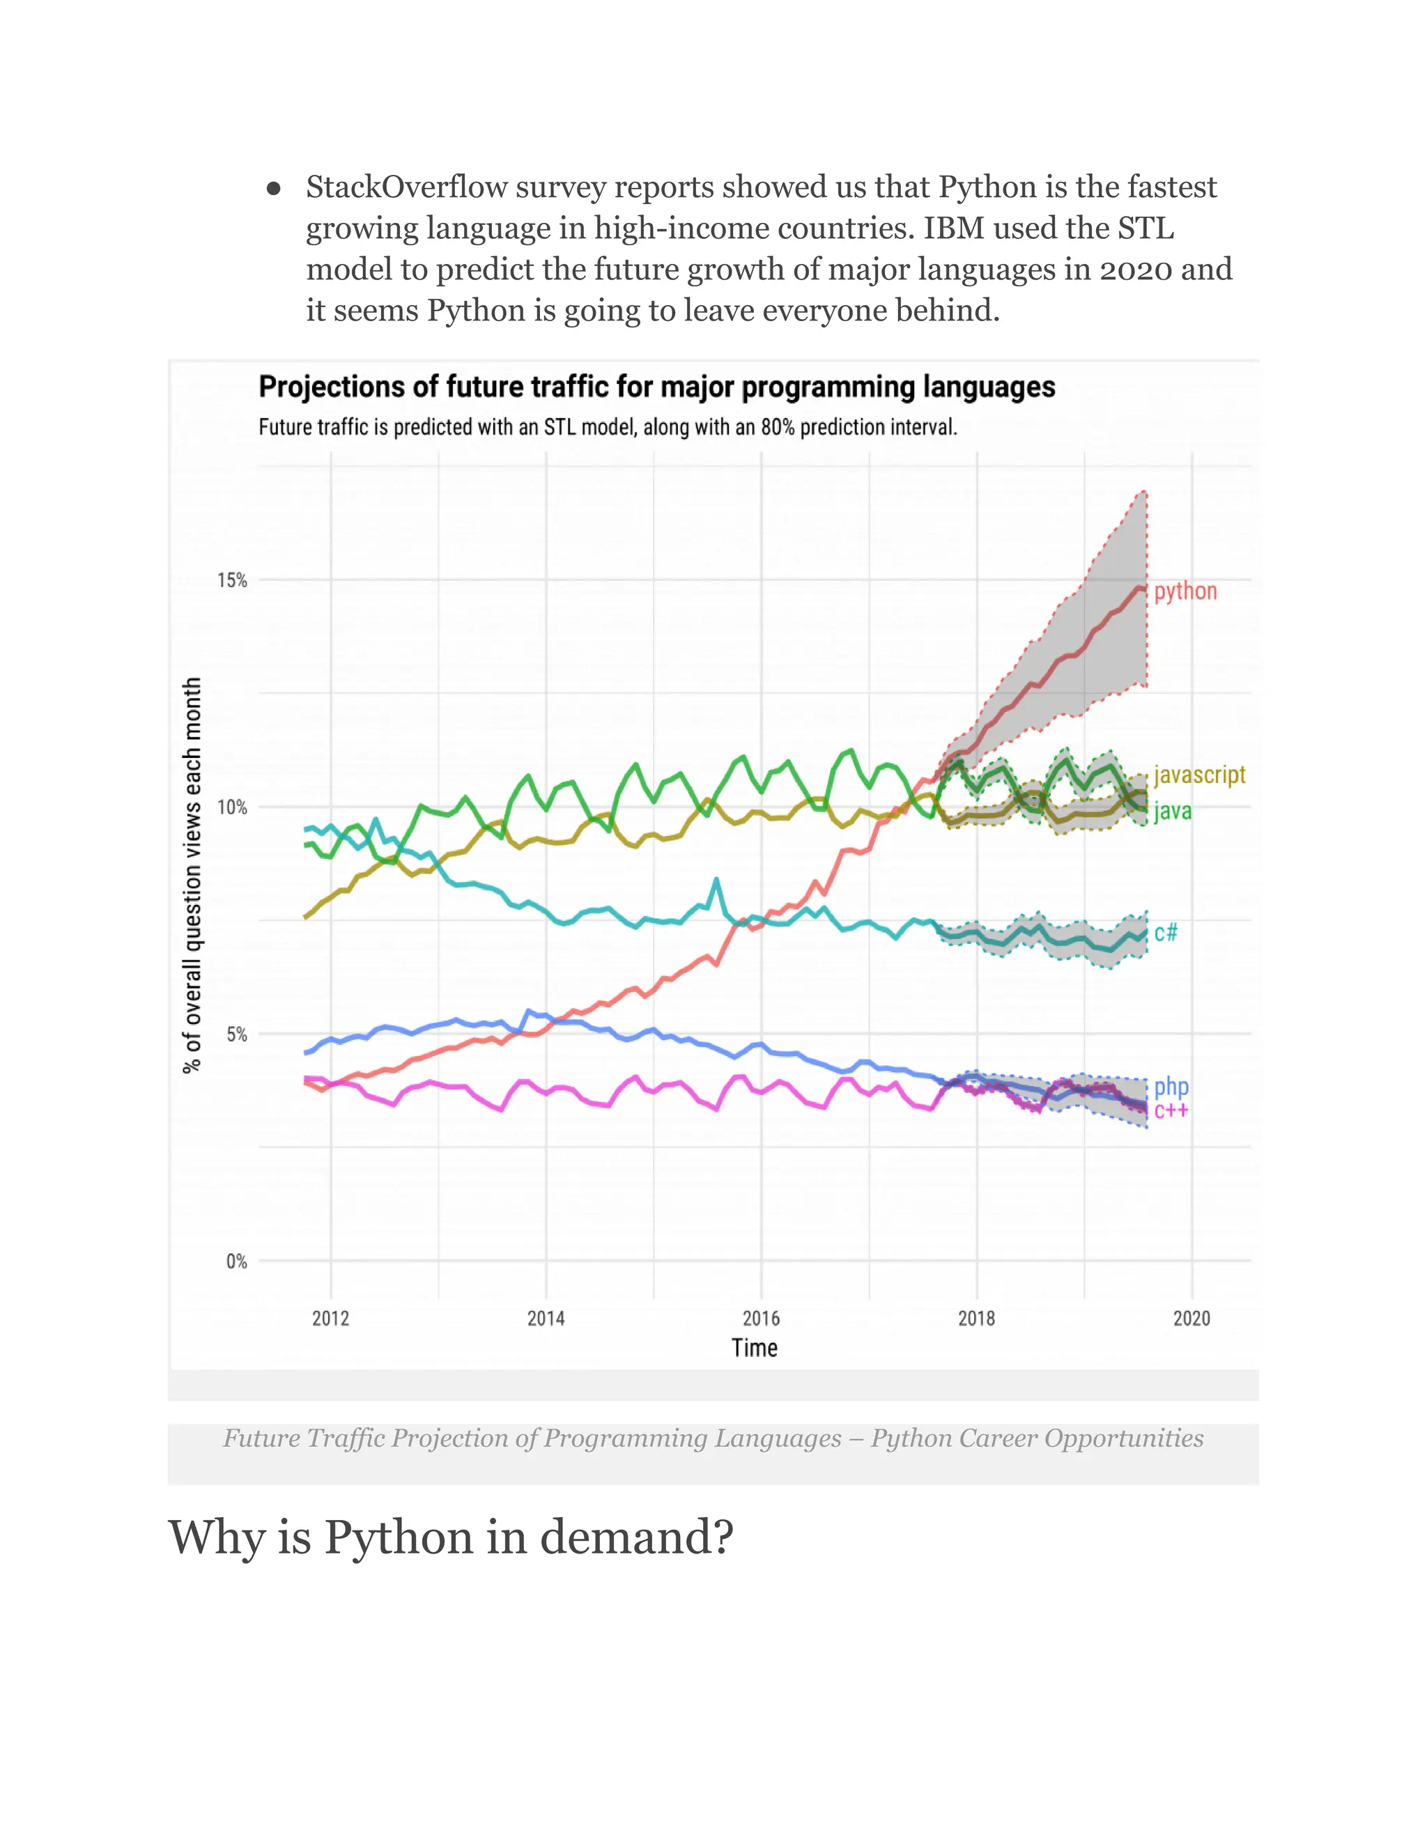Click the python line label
[x=1185, y=591]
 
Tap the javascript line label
[x=1198, y=775]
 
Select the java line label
[x=1173, y=812]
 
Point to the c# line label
[x=1165, y=932]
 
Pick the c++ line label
[x=1171, y=1110]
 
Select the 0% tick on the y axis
[x=236, y=1261]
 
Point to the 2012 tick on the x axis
[x=330, y=1319]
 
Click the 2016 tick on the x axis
[x=761, y=1319]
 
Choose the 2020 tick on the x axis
[x=1191, y=1319]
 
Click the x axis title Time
[x=754, y=1348]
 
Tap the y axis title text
[x=193, y=875]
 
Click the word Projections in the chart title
[x=330, y=387]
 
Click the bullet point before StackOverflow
[x=273, y=189]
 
